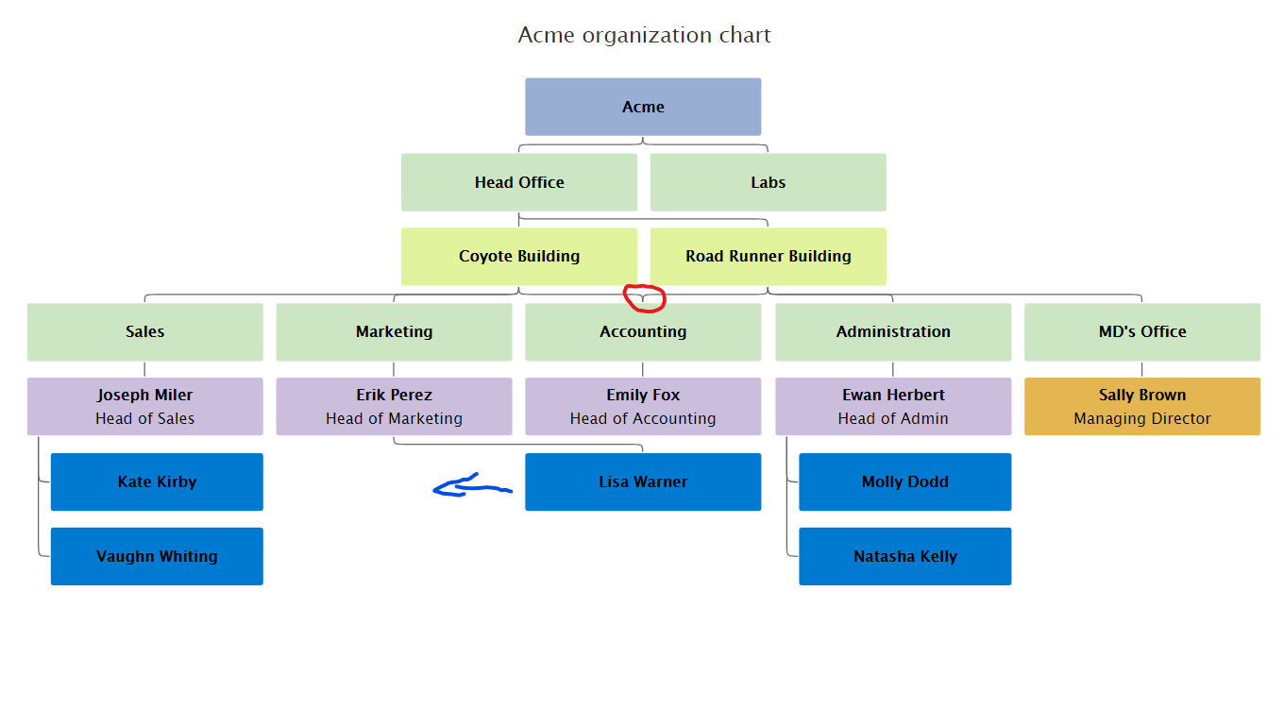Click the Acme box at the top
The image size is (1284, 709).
643,107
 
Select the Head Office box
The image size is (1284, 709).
519,182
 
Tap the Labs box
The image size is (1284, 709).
768,182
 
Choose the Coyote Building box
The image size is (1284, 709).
519,256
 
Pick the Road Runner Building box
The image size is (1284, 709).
768,256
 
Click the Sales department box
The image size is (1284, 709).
144,331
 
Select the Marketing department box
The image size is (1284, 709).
394,331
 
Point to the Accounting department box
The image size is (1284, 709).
643,331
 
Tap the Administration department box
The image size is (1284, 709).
893,331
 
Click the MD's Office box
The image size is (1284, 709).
1142,331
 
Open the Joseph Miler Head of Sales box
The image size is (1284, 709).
144,406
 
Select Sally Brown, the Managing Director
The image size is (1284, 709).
1142,406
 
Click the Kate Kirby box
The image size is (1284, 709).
157,481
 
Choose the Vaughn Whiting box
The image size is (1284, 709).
157,556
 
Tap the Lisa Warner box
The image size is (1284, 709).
643,481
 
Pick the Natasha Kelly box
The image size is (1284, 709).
904,556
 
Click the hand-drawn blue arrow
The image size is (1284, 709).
470,487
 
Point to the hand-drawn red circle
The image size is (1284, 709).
646,298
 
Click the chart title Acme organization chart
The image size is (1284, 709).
644,36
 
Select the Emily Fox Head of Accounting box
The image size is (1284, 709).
643,406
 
